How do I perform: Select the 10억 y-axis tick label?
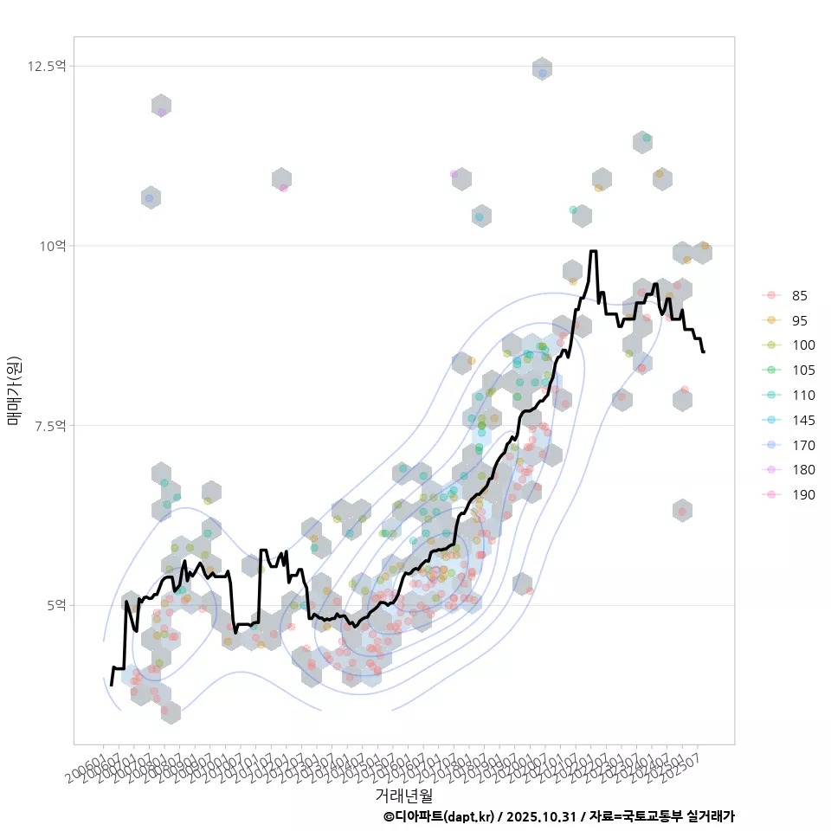click(52, 246)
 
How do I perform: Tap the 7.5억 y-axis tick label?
click(48, 425)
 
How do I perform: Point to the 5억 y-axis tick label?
click(55, 605)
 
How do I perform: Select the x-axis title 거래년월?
click(403, 795)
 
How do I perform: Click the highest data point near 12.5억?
click(542, 74)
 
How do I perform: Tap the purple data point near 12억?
click(161, 112)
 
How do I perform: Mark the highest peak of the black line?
click(593, 251)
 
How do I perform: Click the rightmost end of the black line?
click(703, 351)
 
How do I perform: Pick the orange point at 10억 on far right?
click(705, 247)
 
